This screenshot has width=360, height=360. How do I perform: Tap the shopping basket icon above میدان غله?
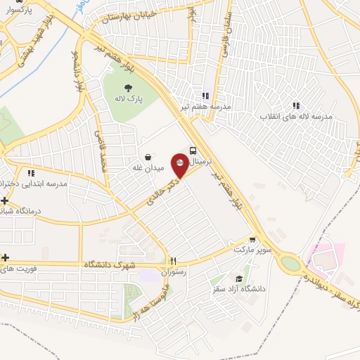(148, 157)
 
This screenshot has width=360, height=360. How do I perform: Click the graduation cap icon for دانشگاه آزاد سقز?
(240, 278)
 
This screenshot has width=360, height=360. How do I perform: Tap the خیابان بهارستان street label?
(127, 15)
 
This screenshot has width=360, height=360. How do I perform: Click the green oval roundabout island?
(290, 264)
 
